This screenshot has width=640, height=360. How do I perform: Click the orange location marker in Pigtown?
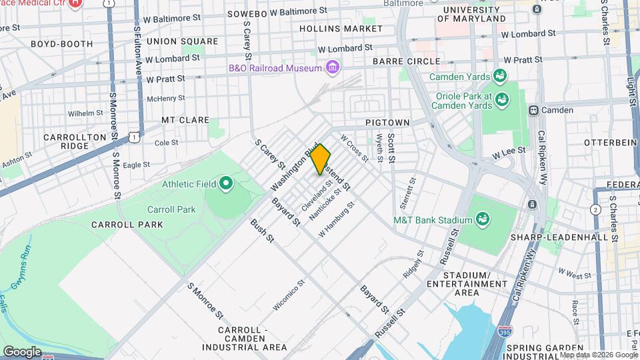(x=320, y=159)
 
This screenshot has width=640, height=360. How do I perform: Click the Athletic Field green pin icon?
(x=225, y=183)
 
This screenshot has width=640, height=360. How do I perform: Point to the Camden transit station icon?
(x=533, y=110)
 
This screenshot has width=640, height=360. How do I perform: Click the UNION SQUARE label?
(x=182, y=41)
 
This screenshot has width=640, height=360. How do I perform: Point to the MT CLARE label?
(x=185, y=121)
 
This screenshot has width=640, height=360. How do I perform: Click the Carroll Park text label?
(x=171, y=209)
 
